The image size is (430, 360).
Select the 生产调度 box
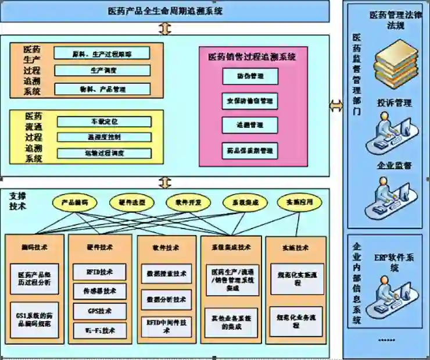tap(102, 70)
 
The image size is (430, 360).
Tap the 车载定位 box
tap(104, 122)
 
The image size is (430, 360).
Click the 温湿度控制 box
tap(104, 137)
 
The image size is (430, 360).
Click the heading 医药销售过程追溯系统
tap(252, 57)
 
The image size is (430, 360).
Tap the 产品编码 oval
tap(75, 202)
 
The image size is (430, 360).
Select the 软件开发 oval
tap(184, 202)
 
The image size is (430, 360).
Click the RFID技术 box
tap(100, 272)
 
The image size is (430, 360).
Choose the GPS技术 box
tap(100, 310)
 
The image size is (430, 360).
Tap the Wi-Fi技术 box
tap(100, 330)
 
